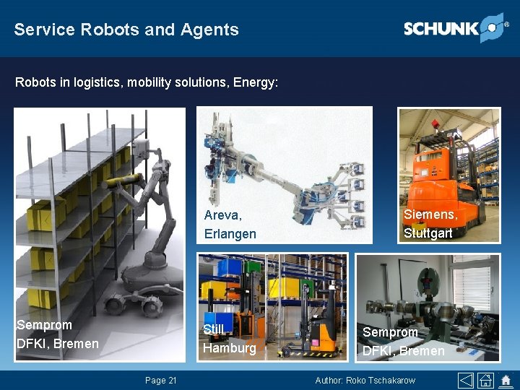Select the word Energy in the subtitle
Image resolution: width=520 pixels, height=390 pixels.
coord(253,82)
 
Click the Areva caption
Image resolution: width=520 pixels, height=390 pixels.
coord(223,215)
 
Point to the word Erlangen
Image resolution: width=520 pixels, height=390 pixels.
coord(230,233)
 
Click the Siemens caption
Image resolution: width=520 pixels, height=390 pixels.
coord(430,214)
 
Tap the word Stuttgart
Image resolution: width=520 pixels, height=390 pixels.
coord(428,233)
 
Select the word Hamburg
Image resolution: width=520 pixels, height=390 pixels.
coord(229,348)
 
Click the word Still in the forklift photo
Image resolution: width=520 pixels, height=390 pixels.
coord(214,329)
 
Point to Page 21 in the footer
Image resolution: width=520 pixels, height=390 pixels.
coord(160,381)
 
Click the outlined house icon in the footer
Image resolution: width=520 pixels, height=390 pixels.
coord(486,380)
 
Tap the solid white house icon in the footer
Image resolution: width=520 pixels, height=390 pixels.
coord(505,380)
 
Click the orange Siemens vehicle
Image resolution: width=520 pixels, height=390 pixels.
coord(441,188)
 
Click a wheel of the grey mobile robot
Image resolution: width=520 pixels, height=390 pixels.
coord(151,308)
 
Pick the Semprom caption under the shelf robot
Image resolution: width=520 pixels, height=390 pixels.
coord(45,325)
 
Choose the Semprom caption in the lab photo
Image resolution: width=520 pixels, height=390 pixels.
coord(390,332)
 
